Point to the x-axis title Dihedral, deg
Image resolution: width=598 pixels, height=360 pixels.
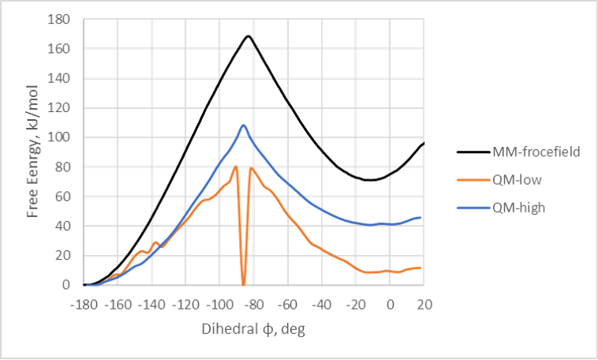click(x=252, y=328)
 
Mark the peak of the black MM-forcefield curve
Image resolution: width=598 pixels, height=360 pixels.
click(x=249, y=36)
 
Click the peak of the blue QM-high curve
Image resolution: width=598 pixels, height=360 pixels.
click(x=244, y=125)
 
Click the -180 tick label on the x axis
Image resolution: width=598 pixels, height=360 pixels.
click(x=84, y=304)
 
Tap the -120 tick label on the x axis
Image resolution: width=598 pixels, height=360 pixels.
click(x=186, y=304)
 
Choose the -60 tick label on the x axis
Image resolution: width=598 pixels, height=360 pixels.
click(x=288, y=304)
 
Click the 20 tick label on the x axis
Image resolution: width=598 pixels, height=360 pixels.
click(x=424, y=304)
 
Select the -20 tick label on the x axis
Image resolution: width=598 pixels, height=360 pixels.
click(x=356, y=304)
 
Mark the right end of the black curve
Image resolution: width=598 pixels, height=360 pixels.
click(x=424, y=143)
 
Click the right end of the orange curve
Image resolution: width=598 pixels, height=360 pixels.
click(x=422, y=268)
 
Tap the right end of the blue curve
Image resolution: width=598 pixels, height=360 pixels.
click(x=422, y=216)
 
